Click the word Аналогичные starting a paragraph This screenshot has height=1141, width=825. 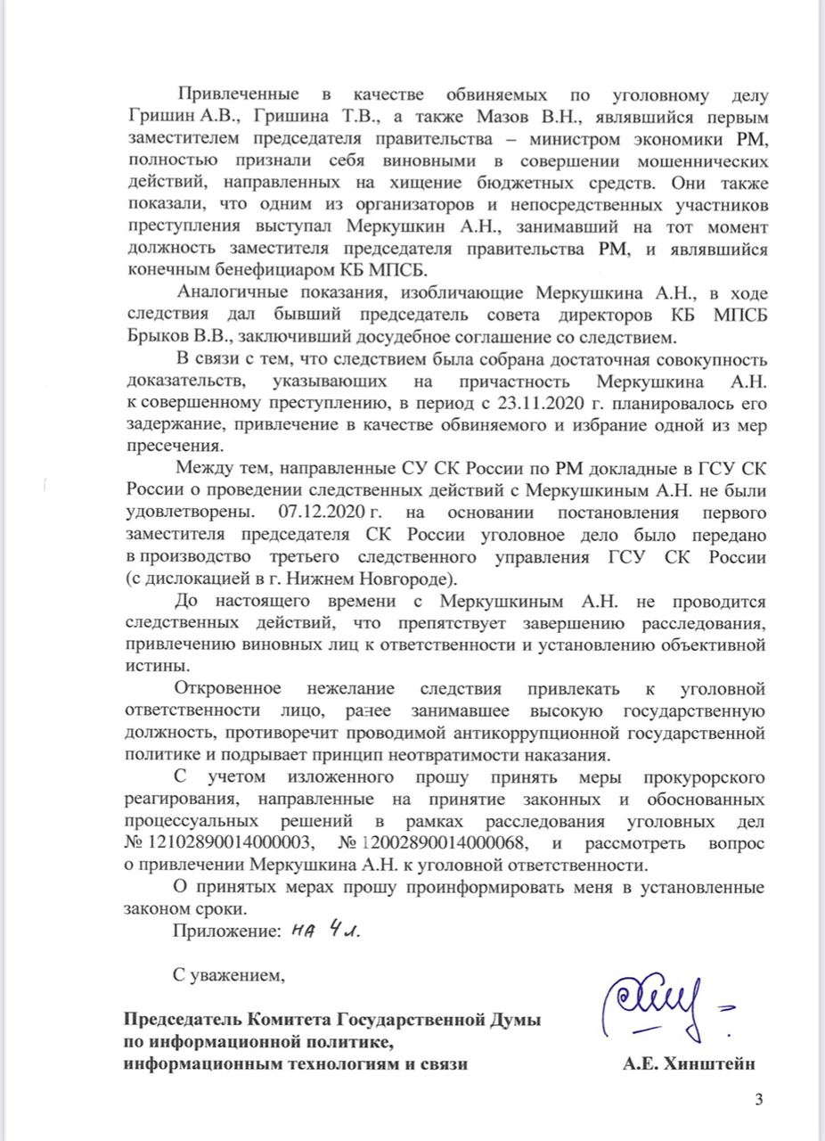[233, 294]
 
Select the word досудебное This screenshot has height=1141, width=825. [416, 339]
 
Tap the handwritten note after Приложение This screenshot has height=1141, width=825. [327, 931]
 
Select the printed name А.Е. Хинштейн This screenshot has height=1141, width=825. [691, 1063]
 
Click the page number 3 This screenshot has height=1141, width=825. [759, 1099]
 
